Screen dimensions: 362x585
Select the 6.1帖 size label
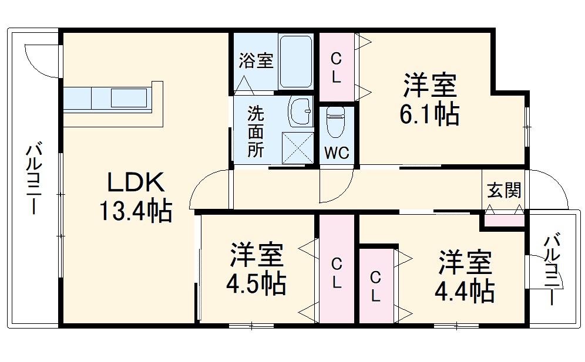pos(429,114)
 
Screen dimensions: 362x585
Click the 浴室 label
pos(256,60)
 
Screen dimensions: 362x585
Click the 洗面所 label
pos(255,130)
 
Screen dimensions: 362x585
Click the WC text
pos(337,153)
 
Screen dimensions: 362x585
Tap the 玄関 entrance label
pos(504,190)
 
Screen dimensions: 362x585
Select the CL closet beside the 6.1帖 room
pos(336,68)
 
